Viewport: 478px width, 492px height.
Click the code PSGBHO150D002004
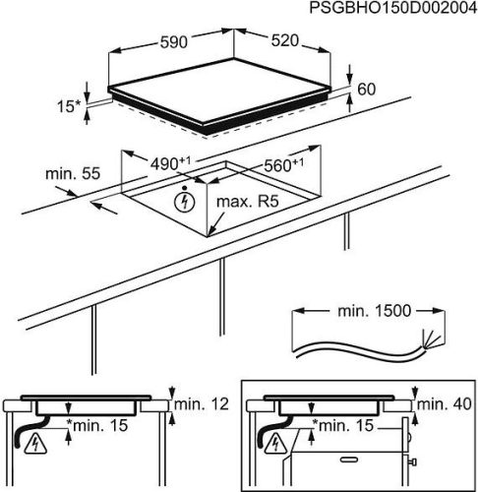pyautogui.click(x=393, y=8)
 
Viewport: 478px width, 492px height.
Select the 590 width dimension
pyautogui.click(x=174, y=42)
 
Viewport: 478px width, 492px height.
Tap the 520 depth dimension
pyautogui.click(x=285, y=40)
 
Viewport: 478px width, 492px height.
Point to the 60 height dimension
pyautogui.click(x=366, y=90)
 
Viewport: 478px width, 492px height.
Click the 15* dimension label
pyautogui.click(x=69, y=106)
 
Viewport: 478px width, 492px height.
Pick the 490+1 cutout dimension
pyautogui.click(x=170, y=163)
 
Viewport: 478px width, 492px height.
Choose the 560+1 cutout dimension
pyautogui.click(x=284, y=165)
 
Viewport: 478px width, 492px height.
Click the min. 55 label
pyautogui.click(x=73, y=173)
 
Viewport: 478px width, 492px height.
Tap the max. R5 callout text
pyautogui.click(x=248, y=202)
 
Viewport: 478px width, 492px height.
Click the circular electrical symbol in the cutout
pyautogui.click(x=185, y=202)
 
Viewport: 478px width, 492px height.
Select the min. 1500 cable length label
pyautogui.click(x=374, y=311)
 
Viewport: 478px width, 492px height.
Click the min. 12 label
pyautogui.click(x=202, y=404)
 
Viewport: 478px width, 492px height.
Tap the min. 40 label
pyautogui.click(x=444, y=403)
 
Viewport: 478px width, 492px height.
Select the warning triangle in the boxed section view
pyautogui.click(x=275, y=444)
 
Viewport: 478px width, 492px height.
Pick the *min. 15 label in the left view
pyautogui.click(x=97, y=426)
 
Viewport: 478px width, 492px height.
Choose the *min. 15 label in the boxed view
pyautogui.click(x=343, y=425)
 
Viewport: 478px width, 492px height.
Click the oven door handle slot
pyautogui.click(x=351, y=460)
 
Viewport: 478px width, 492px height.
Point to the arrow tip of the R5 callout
pyautogui.click(x=209, y=235)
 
